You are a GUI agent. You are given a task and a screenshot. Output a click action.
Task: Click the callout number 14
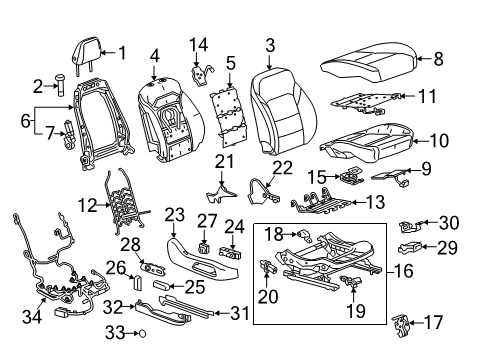(x=200, y=45)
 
